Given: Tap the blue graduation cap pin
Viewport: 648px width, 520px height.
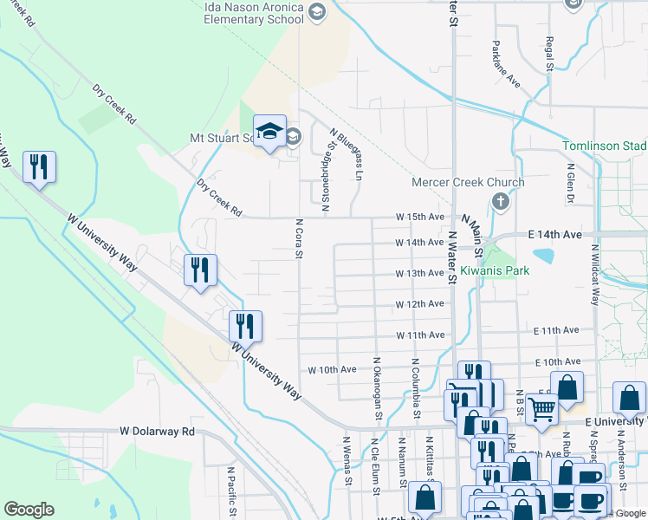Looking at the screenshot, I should point(269,131).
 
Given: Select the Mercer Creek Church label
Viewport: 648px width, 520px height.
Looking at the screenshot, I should point(468,182).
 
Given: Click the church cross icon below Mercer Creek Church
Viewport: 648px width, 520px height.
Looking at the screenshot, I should point(500,202).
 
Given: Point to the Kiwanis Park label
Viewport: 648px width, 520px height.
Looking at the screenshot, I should point(493,271).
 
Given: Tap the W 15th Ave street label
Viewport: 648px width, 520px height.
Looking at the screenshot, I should point(420,217).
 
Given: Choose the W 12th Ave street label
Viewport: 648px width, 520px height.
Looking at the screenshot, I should point(420,304).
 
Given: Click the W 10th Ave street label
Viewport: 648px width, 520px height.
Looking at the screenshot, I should point(332,369).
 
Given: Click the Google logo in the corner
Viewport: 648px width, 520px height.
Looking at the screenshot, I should point(29,510).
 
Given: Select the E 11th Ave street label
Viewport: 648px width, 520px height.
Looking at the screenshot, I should point(556,331).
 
